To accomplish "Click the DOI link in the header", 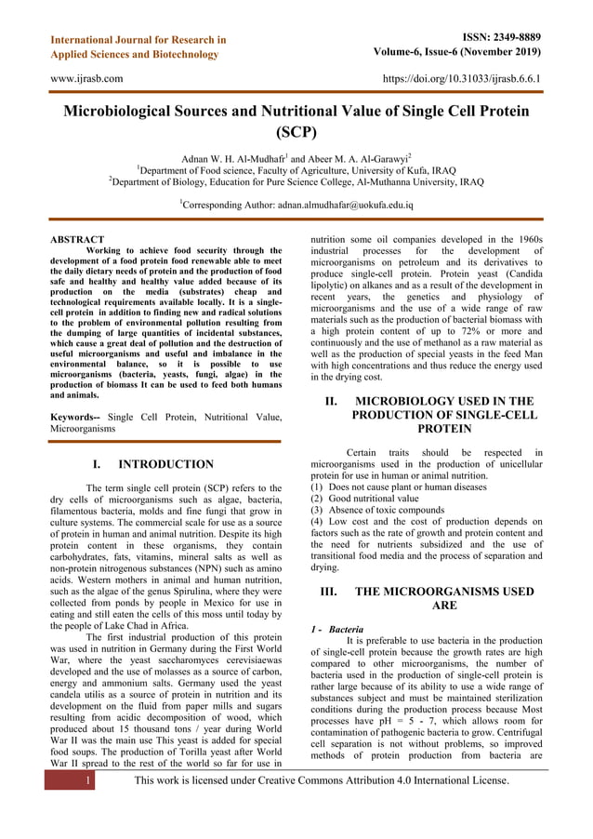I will [462, 79].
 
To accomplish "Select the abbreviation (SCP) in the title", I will [296, 132].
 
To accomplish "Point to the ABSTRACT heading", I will [76, 240].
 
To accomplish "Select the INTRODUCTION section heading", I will [165, 464].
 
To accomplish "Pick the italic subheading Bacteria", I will [346, 629].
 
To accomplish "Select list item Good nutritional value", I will [365, 499].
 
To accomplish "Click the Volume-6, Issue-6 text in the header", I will [459, 53].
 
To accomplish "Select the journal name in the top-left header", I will [138, 47].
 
